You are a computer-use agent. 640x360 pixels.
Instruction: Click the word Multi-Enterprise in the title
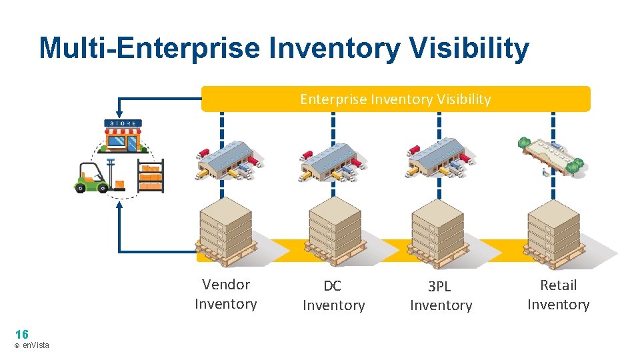point(148,49)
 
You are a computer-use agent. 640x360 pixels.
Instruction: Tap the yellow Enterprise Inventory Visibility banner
point(395,99)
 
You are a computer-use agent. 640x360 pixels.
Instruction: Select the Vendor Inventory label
point(225,294)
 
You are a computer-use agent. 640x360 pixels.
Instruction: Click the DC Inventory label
point(333,295)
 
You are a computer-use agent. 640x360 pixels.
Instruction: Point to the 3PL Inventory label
point(441,295)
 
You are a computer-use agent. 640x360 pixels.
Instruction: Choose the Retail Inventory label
point(558,295)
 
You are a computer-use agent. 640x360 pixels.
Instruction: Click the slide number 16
point(21,334)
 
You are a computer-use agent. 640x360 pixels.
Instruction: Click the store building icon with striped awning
point(123,137)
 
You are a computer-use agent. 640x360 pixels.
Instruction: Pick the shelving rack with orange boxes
point(151,176)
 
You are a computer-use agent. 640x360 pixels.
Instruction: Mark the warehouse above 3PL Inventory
point(440,159)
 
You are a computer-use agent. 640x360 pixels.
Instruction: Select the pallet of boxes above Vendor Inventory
point(226,230)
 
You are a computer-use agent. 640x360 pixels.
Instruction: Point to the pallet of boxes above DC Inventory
point(335,230)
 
